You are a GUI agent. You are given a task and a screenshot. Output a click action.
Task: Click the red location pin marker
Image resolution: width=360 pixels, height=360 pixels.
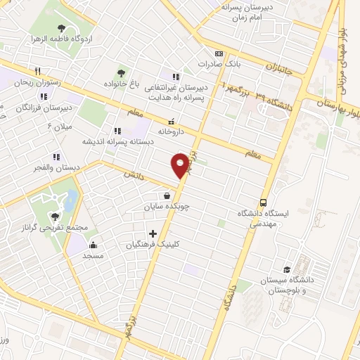point(181,165)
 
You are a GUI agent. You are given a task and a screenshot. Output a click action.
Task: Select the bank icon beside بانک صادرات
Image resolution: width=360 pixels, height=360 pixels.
point(219,53)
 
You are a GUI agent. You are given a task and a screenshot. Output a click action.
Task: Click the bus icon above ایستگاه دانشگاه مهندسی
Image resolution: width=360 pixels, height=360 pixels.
point(263,200)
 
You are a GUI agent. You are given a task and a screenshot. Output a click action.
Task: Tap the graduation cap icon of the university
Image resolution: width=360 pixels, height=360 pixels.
point(287,270)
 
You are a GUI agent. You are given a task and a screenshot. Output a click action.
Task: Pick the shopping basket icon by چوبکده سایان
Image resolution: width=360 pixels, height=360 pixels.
point(167,196)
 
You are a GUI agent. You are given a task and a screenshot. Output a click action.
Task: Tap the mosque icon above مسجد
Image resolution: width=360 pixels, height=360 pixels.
point(93,245)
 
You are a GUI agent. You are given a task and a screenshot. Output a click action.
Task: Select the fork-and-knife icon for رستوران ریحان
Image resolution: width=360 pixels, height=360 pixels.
point(38,71)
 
